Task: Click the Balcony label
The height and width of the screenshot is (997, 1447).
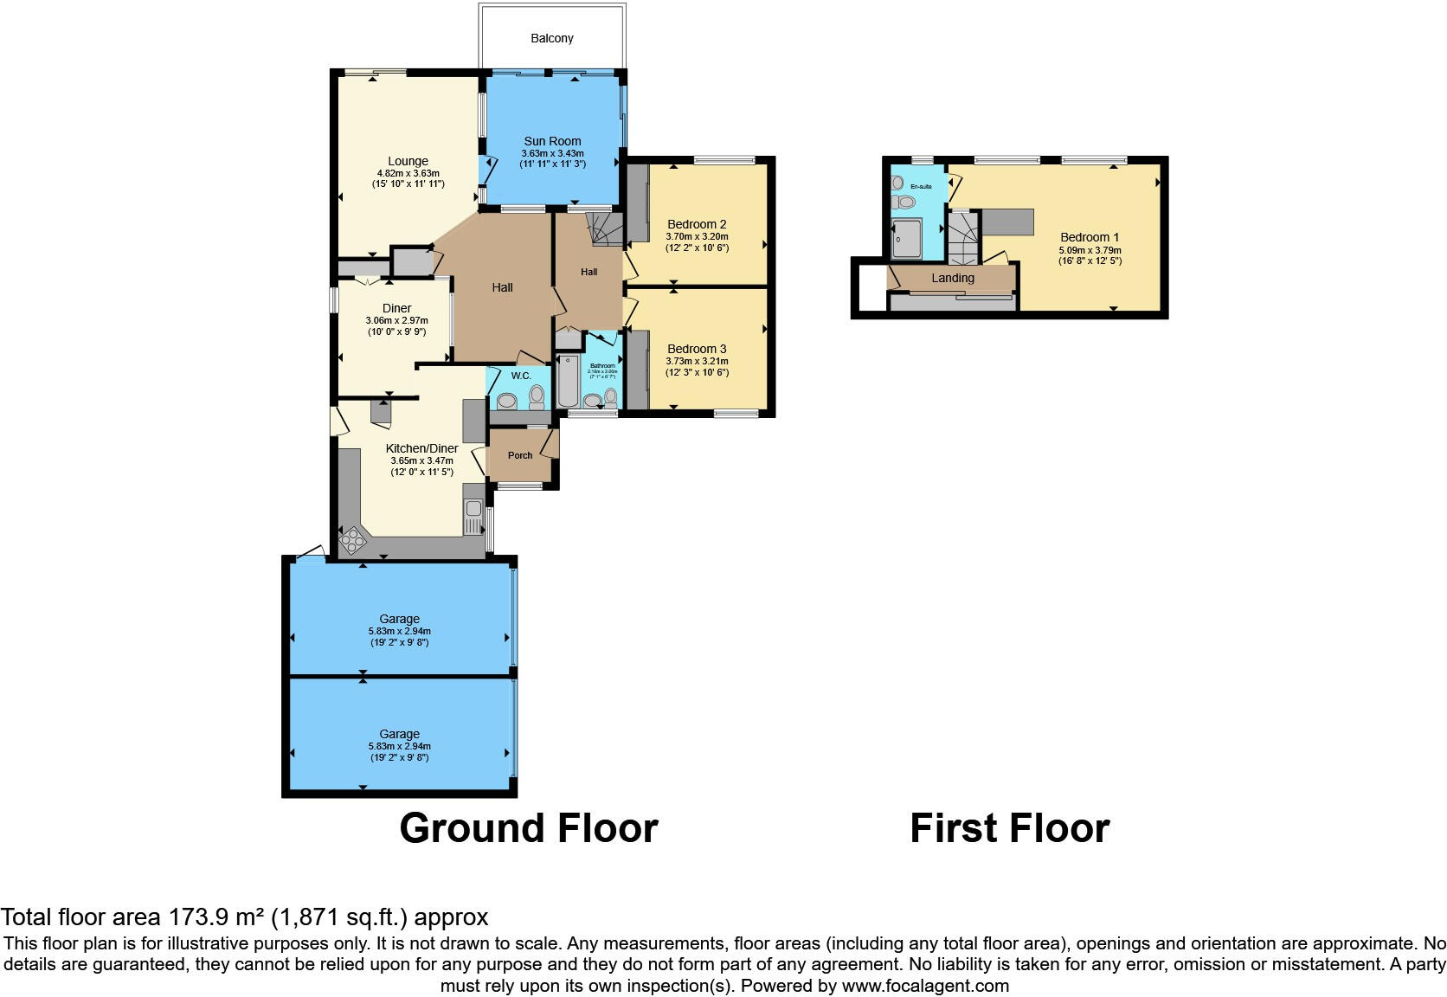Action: tap(551, 38)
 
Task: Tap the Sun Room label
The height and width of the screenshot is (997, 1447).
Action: tap(552, 141)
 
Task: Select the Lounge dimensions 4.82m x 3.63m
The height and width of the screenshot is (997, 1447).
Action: tap(408, 173)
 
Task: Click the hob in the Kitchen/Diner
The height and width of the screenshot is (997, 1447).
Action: tap(353, 541)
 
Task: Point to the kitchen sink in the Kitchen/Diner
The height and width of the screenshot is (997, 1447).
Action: tap(473, 518)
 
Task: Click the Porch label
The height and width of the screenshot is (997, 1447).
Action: tap(520, 455)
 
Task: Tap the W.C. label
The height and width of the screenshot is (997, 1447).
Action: tap(521, 376)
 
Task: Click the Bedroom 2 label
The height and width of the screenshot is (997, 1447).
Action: tap(697, 224)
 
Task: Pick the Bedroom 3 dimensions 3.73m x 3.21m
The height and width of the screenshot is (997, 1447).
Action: tap(697, 362)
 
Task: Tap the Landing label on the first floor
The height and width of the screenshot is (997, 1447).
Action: tap(953, 278)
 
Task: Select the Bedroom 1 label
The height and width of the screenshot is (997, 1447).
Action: tap(1090, 237)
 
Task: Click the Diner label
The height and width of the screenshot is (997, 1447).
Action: tap(396, 308)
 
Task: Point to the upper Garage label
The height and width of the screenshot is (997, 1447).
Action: tap(399, 619)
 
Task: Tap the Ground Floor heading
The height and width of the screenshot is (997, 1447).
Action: tap(528, 828)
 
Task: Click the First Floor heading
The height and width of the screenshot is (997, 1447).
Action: tap(1009, 828)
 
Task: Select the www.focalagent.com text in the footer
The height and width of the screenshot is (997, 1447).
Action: tap(925, 986)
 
